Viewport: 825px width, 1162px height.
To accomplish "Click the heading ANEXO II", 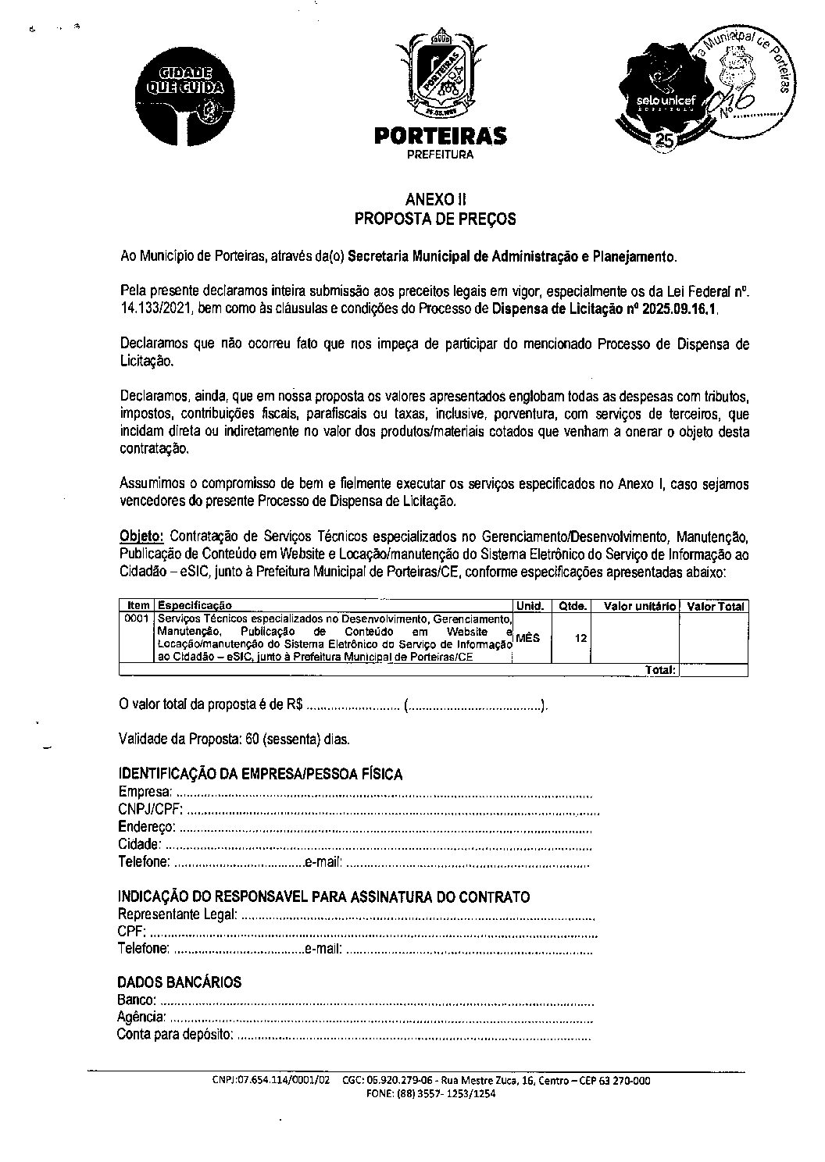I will coord(436,199).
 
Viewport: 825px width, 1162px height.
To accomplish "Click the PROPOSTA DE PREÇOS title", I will coord(435,219).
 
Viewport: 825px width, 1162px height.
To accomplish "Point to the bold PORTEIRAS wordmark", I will coord(441,137).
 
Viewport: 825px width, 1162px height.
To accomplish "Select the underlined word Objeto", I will coord(141,537).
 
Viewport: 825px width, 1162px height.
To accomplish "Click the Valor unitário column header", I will coord(640,606).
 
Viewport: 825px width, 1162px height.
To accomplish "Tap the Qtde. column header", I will coord(572,606).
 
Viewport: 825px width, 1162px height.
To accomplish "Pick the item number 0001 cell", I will coord(137,618).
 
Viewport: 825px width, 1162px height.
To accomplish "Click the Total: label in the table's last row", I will coord(661,670).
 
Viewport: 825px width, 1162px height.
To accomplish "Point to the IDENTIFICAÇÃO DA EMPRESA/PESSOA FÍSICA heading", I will coord(260,775).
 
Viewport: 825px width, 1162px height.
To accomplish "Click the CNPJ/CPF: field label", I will coord(150,808).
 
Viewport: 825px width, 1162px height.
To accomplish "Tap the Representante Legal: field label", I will coord(177,914).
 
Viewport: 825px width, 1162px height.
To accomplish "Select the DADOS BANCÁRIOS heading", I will coord(179,982).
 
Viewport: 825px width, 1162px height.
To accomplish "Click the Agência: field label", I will coord(141,1018).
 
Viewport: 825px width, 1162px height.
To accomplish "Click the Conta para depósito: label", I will coord(174,1035).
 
